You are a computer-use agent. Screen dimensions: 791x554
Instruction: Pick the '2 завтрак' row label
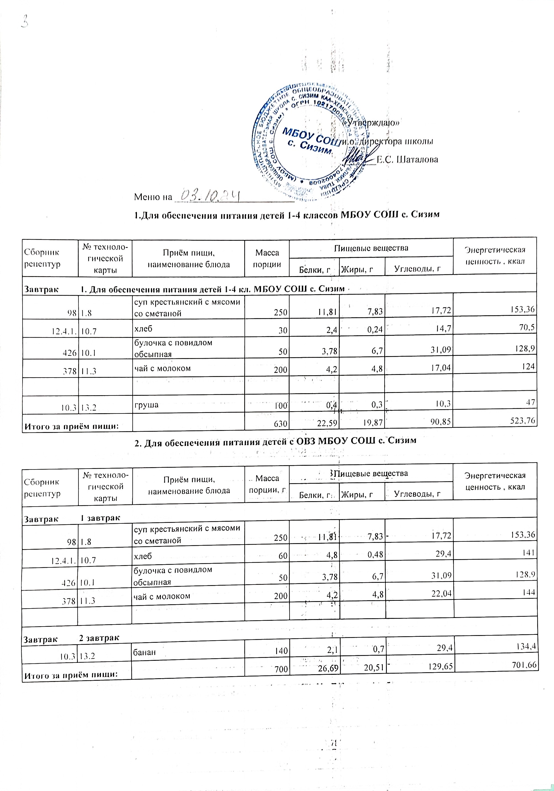(x=99, y=638)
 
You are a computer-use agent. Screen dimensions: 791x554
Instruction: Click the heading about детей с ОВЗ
(x=275, y=440)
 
